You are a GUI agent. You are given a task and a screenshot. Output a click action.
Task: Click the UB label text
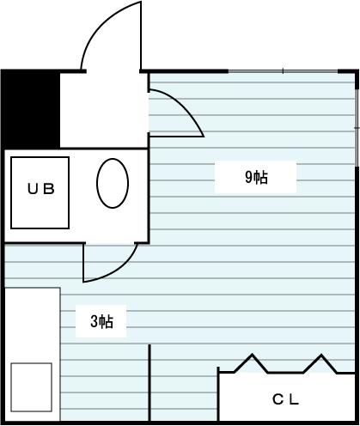click(41, 189)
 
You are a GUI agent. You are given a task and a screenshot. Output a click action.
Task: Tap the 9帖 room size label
click(256, 177)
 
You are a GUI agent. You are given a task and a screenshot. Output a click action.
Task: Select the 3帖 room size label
click(101, 321)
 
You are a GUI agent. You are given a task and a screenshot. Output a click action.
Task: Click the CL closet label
click(285, 399)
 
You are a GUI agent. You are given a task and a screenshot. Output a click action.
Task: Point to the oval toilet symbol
click(113, 183)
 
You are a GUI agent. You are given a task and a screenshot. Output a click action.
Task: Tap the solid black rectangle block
click(31, 109)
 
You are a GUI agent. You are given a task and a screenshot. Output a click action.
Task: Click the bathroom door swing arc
click(118, 272)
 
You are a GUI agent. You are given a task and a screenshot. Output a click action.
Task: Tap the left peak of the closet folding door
click(253, 355)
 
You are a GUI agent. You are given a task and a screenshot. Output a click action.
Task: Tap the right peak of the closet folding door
click(321, 355)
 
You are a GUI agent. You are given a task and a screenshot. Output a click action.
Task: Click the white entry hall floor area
click(104, 110)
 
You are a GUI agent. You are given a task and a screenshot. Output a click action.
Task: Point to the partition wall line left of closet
click(149, 383)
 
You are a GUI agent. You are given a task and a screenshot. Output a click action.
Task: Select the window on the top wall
click(283, 70)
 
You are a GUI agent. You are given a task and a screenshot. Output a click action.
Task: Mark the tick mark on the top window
click(283, 70)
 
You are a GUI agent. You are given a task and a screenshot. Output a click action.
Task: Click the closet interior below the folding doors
click(287, 397)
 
